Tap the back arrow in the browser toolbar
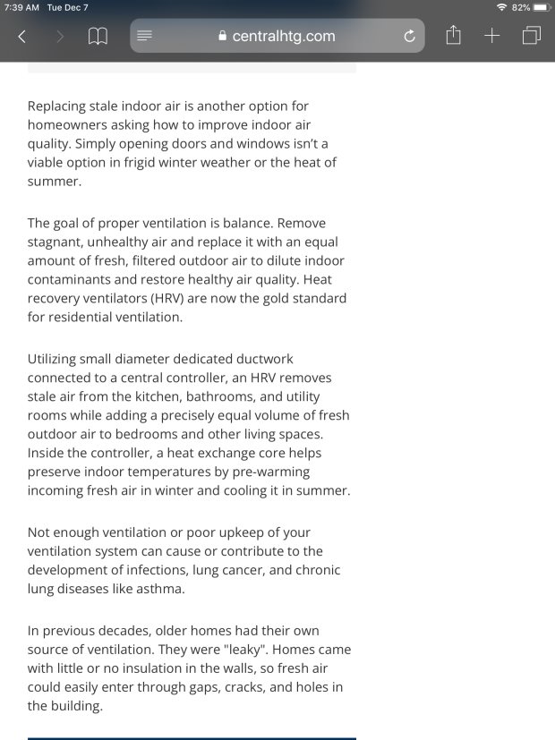click(x=22, y=37)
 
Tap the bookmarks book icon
click(x=98, y=37)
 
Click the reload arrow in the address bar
click(x=410, y=37)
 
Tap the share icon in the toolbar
click(x=453, y=36)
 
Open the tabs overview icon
click(x=531, y=36)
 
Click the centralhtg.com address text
click(x=283, y=37)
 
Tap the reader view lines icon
click(x=145, y=37)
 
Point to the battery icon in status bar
click(x=542, y=7)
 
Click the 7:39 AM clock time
click(x=21, y=7)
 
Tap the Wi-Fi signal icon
click(x=501, y=7)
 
